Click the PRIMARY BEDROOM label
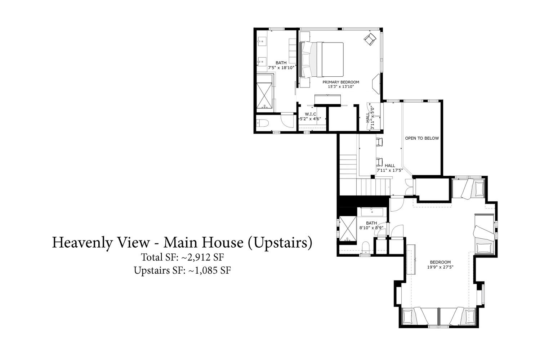tap(341, 82)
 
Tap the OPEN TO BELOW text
tap(422, 138)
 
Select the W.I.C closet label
tap(311, 114)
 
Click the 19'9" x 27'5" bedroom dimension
tap(440, 267)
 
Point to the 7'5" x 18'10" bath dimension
tap(281, 68)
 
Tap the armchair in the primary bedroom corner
tap(370, 39)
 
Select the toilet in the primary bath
tap(262, 123)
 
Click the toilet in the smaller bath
tap(366, 247)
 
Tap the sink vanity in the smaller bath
tap(372, 212)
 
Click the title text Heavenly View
tap(101, 242)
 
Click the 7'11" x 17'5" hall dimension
tap(390, 171)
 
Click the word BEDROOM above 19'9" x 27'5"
tap(440, 262)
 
